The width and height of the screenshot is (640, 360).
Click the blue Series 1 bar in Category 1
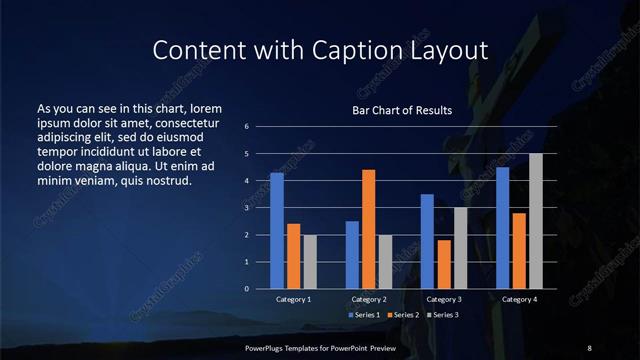(x=277, y=231)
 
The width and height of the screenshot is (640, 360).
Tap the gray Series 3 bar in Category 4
(x=536, y=221)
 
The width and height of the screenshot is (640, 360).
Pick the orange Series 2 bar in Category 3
(x=444, y=264)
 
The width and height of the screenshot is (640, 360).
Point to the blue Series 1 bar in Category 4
(x=503, y=228)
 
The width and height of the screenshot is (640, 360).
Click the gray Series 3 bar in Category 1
(x=310, y=262)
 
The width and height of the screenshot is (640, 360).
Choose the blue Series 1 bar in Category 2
(x=352, y=255)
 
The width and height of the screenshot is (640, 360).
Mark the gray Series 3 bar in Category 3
(x=461, y=248)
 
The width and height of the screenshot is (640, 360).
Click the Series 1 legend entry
(x=361, y=315)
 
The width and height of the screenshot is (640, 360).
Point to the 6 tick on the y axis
(x=261, y=127)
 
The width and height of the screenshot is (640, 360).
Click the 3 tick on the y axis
(x=261, y=208)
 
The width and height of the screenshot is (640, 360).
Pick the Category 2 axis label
(x=368, y=299)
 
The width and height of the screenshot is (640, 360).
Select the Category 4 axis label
(x=519, y=299)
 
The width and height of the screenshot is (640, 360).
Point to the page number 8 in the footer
(x=589, y=347)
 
